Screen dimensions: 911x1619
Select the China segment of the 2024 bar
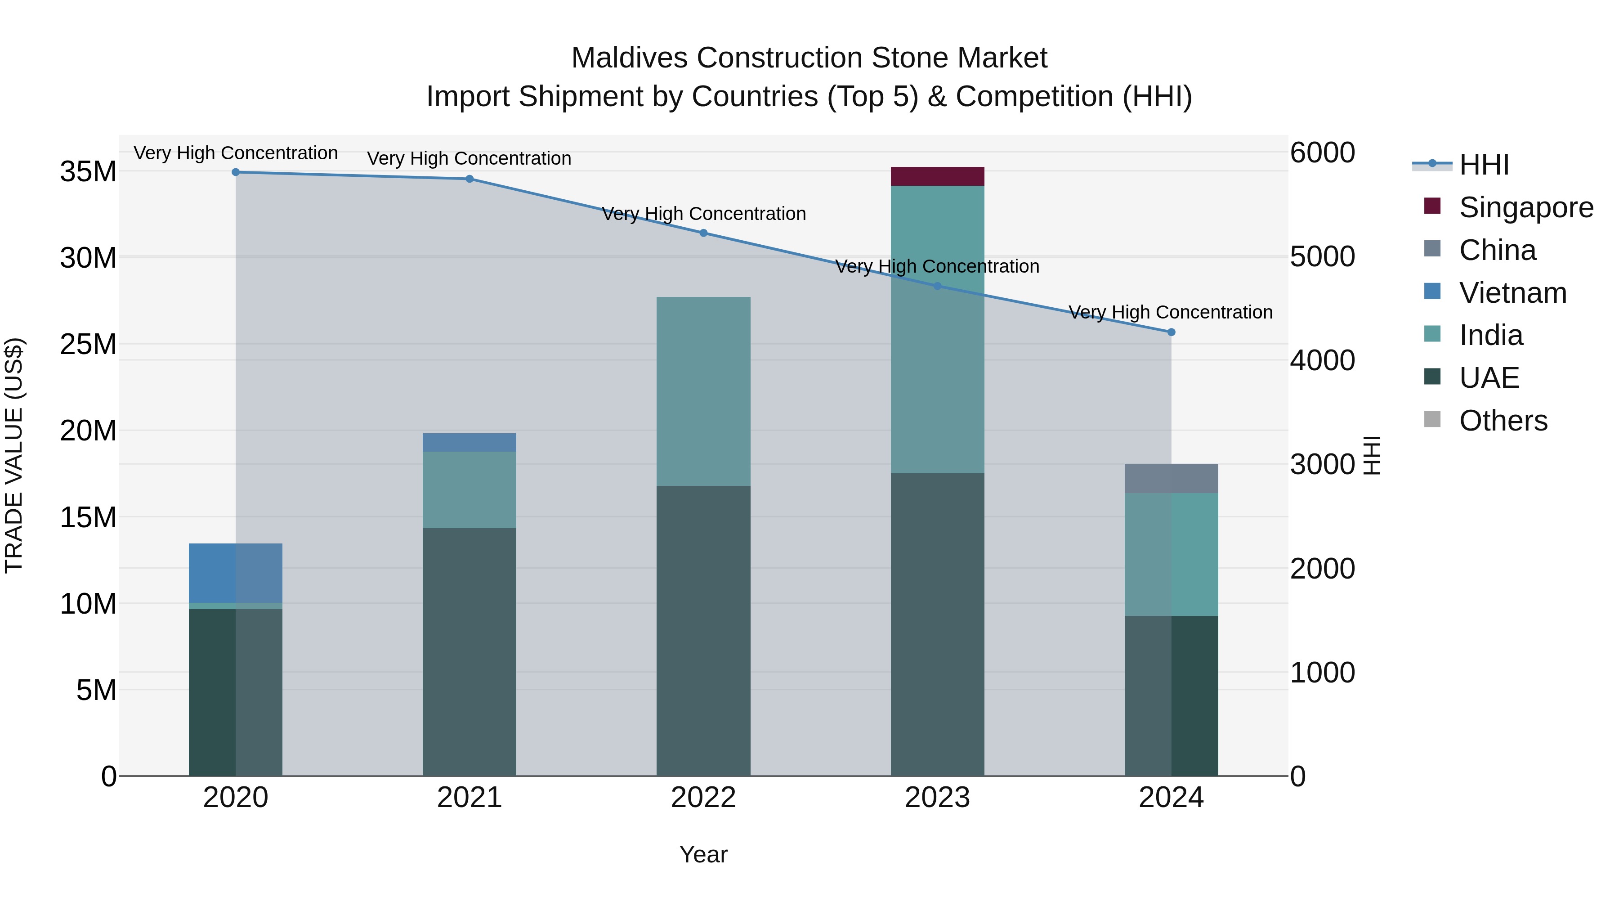[x=1171, y=479]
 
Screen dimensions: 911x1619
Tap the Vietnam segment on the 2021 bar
[x=470, y=443]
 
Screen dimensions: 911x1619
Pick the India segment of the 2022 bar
[x=703, y=391]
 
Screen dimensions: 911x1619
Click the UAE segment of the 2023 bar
[x=937, y=624]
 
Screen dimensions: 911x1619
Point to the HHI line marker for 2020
[x=236, y=172]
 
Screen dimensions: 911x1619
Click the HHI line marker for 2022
[x=703, y=233]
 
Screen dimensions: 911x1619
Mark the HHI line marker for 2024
[x=1171, y=332]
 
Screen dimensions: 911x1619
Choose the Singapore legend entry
[x=1526, y=207]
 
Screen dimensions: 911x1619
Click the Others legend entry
[x=1503, y=421]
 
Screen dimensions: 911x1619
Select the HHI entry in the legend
[x=1484, y=165]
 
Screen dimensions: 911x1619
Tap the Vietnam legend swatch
[x=1432, y=292]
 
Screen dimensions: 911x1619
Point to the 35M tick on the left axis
[x=88, y=172]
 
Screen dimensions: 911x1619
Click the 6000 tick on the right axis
[x=1322, y=153]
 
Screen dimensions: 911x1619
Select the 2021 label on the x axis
[x=470, y=798]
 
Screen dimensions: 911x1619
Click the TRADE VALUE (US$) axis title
[x=14, y=455]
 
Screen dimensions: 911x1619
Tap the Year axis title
[x=703, y=854]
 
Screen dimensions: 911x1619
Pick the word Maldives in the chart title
[x=629, y=58]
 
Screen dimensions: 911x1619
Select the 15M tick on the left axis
[x=88, y=517]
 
